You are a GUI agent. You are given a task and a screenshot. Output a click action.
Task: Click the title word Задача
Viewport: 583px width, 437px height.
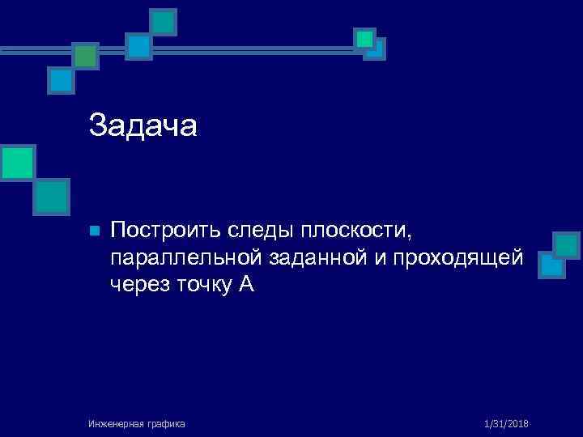(x=143, y=125)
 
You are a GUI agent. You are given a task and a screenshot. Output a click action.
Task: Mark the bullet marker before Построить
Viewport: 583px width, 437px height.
(x=94, y=232)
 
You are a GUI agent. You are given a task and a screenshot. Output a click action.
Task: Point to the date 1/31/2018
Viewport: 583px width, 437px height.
(x=506, y=423)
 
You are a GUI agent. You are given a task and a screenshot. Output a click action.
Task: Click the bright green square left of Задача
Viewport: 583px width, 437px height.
(x=18, y=162)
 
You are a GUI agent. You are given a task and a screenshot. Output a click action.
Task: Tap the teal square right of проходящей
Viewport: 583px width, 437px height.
(x=567, y=246)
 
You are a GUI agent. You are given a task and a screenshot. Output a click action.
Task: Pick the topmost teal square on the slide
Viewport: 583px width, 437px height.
(x=164, y=22)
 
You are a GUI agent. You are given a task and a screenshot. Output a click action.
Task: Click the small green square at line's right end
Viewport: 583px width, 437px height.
(x=364, y=38)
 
